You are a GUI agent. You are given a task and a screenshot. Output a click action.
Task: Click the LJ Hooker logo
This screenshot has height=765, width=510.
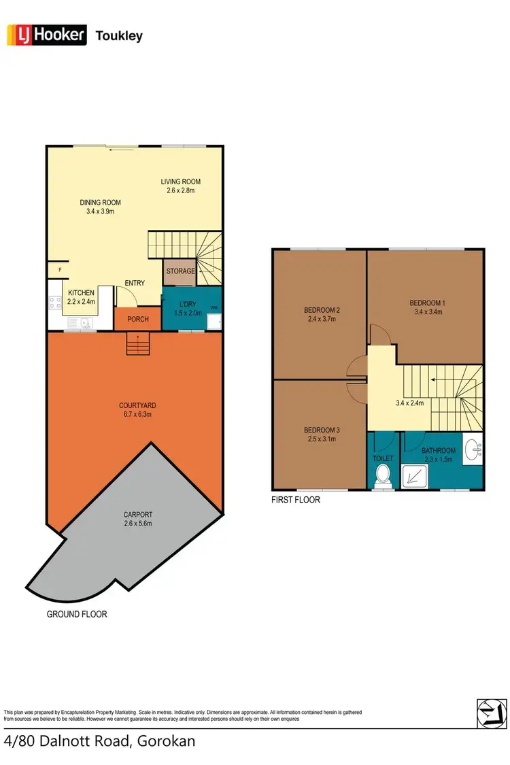point(46,35)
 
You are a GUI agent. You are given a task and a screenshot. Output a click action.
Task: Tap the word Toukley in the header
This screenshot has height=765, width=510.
point(120,35)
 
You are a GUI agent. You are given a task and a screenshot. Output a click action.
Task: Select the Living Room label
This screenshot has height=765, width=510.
point(181,182)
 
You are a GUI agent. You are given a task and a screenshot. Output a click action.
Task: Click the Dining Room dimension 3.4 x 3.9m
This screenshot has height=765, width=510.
point(100,211)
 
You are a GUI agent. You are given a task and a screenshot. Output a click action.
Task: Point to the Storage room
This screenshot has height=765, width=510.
point(180,271)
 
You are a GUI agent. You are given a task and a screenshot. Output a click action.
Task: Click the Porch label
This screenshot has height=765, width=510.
point(138,319)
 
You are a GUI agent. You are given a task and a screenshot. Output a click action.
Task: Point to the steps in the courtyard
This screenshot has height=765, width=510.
point(137,345)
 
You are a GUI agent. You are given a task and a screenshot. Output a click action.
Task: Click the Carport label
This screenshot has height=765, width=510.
point(137,514)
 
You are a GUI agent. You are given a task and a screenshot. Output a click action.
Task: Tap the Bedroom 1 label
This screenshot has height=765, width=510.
point(426,303)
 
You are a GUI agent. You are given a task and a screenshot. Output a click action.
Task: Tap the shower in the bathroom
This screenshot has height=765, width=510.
point(414,477)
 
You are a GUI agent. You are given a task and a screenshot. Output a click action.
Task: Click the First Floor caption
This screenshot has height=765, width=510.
point(296,500)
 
